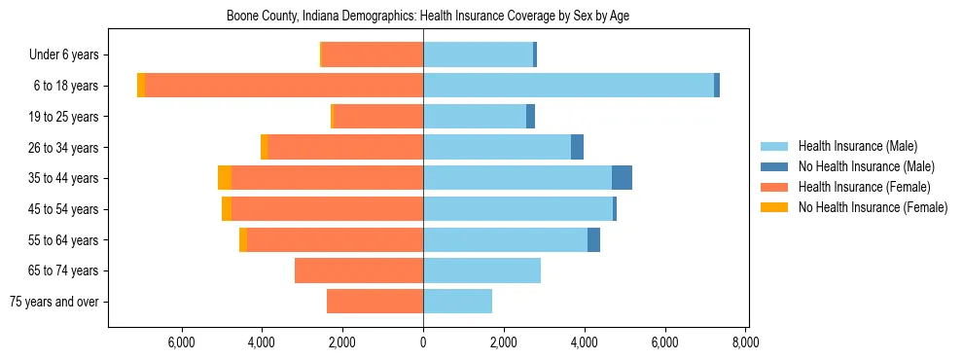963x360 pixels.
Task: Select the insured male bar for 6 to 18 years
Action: point(568,86)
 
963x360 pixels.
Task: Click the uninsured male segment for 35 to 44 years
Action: point(622,178)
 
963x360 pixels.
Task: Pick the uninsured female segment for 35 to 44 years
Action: point(225,178)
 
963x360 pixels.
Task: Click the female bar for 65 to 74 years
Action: point(359,270)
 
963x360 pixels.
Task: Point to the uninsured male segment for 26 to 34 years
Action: point(577,147)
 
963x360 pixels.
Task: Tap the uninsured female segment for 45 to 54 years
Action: point(227,209)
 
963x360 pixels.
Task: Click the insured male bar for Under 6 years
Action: point(478,54)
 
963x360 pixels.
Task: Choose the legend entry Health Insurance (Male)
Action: point(857,146)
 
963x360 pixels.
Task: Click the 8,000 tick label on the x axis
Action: point(745,342)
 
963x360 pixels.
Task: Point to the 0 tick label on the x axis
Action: point(423,342)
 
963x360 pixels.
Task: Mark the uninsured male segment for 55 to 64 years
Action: point(593,240)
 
